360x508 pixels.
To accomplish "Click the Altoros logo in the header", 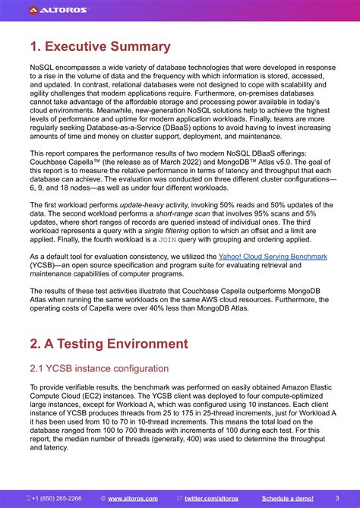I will tap(58, 10).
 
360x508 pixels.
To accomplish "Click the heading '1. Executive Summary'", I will tap(100, 46).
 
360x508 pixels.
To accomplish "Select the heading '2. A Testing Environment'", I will tap(109, 343).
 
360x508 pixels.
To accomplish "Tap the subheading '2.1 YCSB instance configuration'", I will tap(99, 368).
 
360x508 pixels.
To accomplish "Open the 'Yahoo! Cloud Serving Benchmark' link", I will tap(273, 257).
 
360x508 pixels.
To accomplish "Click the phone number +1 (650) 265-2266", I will tap(57, 498).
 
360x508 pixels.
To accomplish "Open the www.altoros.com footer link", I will tap(133, 498).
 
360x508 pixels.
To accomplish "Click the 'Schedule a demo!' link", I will tap(288, 498).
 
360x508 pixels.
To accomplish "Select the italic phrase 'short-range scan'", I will tap(192, 214).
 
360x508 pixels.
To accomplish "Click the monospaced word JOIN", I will tap(167, 240).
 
